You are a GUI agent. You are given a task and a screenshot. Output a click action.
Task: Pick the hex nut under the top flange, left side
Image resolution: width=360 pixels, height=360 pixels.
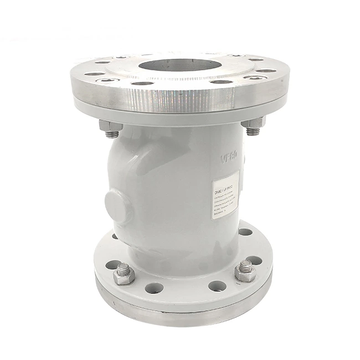coord(111,127)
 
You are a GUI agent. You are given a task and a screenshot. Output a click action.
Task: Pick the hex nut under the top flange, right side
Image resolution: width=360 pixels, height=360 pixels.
coord(254,124)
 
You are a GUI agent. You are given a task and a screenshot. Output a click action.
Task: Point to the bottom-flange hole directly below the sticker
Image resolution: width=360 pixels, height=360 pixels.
coord(244,232)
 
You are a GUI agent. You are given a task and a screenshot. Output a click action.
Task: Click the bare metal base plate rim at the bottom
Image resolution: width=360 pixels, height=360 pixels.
coord(183,317)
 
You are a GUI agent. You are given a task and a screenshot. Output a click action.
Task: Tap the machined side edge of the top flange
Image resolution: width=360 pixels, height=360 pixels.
coord(177,100)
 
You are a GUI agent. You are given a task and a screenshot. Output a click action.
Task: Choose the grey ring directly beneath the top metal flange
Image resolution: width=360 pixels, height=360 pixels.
coord(177,116)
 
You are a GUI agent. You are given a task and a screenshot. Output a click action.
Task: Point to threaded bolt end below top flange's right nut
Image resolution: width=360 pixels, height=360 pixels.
coord(253,132)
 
